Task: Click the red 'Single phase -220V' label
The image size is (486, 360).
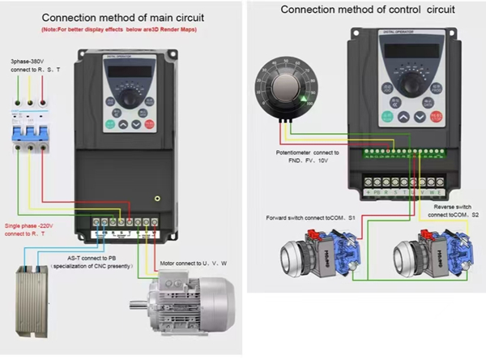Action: (x=31, y=228)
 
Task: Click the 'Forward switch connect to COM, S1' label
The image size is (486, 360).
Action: (x=309, y=218)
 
